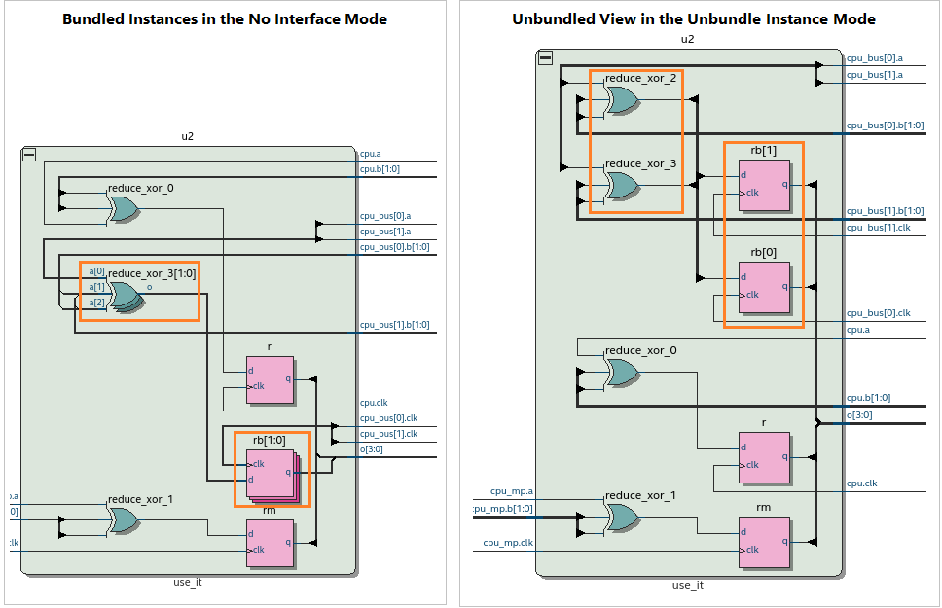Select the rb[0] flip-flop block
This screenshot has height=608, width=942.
click(763, 287)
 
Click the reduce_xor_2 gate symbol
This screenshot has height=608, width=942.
click(620, 101)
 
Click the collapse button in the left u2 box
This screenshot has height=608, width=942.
click(29, 155)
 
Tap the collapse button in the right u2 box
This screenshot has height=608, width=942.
click(545, 58)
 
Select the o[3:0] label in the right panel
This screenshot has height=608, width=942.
click(860, 415)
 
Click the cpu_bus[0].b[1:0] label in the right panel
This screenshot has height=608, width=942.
click(885, 125)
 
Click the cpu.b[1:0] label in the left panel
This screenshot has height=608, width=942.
click(380, 169)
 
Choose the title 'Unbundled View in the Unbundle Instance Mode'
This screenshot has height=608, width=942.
click(694, 19)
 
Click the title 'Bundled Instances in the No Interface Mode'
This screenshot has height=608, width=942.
click(225, 19)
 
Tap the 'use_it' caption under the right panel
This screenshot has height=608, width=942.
click(687, 585)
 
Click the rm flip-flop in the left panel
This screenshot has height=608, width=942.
click(270, 543)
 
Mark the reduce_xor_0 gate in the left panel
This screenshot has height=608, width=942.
click(124, 208)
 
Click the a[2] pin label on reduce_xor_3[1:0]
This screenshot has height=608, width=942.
click(96, 304)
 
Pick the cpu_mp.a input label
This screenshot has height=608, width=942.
click(512, 492)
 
